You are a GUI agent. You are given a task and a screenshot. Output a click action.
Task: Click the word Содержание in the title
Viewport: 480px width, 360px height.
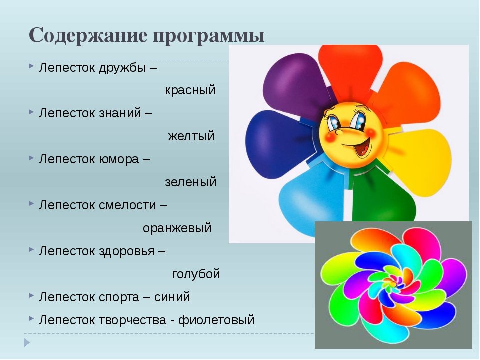(x=88, y=36)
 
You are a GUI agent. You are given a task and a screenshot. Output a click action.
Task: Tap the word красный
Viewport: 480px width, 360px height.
(x=190, y=90)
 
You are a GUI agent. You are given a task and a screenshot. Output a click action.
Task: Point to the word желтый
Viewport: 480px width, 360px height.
(x=191, y=136)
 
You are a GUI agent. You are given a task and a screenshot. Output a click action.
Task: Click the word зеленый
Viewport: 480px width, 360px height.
(x=190, y=182)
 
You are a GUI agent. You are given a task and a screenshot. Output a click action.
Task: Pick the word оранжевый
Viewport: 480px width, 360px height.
(x=177, y=228)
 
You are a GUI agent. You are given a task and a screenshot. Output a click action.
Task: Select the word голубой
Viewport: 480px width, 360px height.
(x=196, y=274)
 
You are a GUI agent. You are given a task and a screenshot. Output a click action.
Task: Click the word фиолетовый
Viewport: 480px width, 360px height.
(x=216, y=320)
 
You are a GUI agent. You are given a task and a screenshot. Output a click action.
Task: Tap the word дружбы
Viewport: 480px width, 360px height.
(x=122, y=68)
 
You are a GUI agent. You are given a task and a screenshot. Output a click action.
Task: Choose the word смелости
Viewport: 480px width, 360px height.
(x=127, y=205)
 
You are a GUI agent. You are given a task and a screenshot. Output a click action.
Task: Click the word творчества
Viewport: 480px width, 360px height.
(x=133, y=320)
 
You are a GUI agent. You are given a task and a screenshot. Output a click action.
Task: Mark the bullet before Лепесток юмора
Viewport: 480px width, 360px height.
(x=31, y=158)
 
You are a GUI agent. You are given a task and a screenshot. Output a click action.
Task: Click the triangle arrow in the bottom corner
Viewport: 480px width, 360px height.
(x=27, y=343)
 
